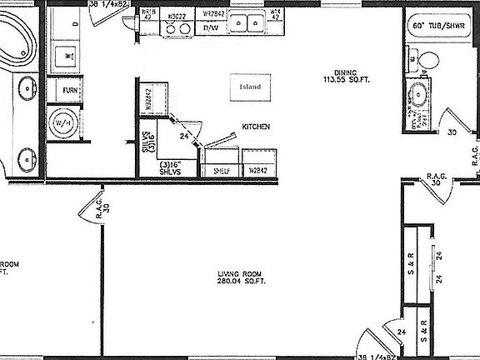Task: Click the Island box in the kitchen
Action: click(250, 87)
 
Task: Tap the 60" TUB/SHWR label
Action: click(440, 27)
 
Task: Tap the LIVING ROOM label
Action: click(242, 274)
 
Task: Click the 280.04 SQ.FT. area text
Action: click(242, 282)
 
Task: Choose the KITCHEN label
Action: click(255, 127)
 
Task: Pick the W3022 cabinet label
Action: click(176, 14)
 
